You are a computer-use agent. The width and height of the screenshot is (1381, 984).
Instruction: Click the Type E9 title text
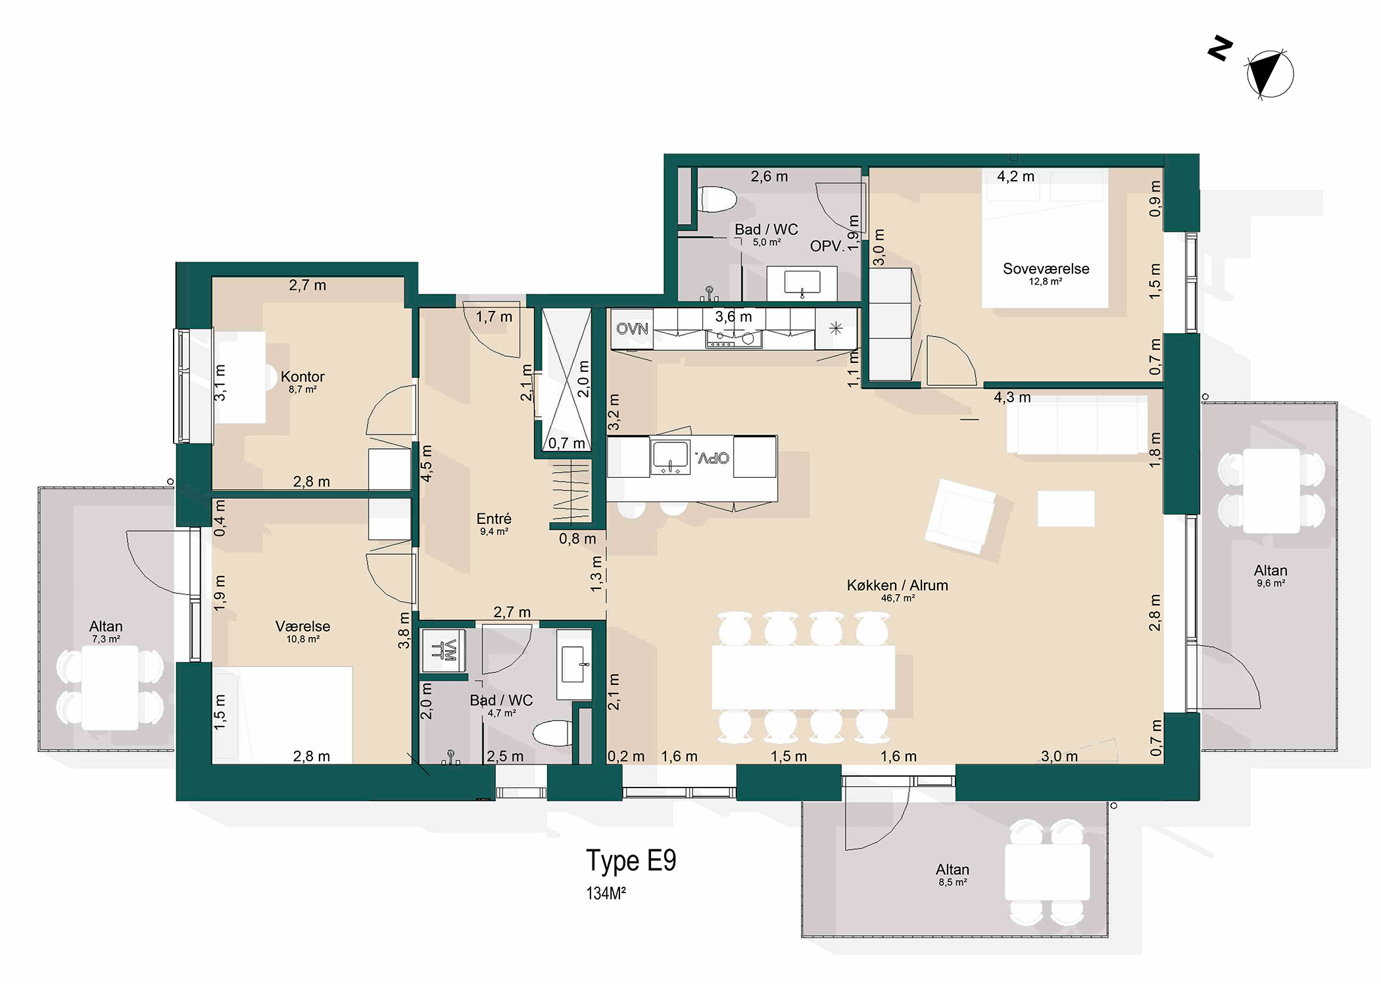(631, 861)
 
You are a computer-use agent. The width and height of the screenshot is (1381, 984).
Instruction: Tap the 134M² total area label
(606, 893)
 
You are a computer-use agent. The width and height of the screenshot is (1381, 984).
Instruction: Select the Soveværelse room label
(1046, 268)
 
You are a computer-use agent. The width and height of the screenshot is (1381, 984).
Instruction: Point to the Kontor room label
(303, 377)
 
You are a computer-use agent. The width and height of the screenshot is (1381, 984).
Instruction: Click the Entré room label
(494, 519)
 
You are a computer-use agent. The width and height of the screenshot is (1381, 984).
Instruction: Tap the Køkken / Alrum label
(897, 585)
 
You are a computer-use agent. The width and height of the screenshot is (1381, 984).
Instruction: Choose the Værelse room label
(303, 626)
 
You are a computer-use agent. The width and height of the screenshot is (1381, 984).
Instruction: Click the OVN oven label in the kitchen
(632, 329)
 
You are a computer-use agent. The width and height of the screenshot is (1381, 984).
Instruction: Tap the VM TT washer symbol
(444, 650)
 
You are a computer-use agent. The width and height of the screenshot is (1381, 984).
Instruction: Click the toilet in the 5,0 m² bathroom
(716, 199)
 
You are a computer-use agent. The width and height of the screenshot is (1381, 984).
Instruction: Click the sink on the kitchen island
(670, 457)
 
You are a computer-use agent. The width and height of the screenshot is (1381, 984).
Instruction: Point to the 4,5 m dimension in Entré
(426, 463)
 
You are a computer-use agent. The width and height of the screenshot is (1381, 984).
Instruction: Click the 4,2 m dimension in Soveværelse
(1015, 176)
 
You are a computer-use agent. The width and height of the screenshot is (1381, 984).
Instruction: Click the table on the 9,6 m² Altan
(1271, 491)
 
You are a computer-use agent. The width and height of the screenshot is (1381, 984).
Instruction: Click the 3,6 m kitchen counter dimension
(733, 317)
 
